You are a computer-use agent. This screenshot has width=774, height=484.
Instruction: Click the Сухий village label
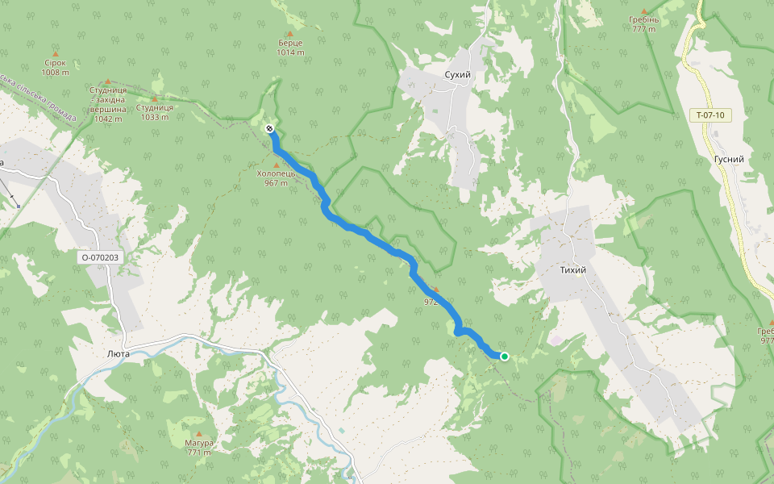tap(457, 74)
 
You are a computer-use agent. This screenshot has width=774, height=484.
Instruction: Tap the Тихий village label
tap(572, 269)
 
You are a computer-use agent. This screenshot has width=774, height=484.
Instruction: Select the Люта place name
tap(119, 353)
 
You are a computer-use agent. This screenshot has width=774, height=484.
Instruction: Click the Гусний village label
tap(728, 160)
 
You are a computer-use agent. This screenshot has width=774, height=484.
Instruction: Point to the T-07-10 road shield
tap(709, 115)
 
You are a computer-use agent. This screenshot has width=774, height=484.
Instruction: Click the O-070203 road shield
tap(100, 257)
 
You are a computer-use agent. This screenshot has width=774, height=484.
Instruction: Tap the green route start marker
tap(504, 356)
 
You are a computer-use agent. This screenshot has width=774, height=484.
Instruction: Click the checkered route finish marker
tap(269, 129)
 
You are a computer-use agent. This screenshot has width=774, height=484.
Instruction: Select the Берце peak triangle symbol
tap(289, 33)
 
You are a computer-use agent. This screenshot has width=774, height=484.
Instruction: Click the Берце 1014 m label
tap(290, 47)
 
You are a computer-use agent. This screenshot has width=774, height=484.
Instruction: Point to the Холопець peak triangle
tap(276, 165)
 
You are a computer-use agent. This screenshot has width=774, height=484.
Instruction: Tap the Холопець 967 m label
tap(276, 177)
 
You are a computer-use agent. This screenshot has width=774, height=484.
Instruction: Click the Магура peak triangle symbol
tap(198, 433)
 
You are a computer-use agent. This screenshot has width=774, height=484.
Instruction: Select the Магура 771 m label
tap(198, 448)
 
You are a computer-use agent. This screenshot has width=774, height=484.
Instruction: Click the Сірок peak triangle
tap(55, 53)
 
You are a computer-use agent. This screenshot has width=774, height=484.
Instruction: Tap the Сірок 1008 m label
tap(55, 67)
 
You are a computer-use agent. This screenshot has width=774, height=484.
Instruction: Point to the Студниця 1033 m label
tap(154, 111)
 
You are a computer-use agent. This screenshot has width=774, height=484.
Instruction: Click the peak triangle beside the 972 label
tap(436, 289)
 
